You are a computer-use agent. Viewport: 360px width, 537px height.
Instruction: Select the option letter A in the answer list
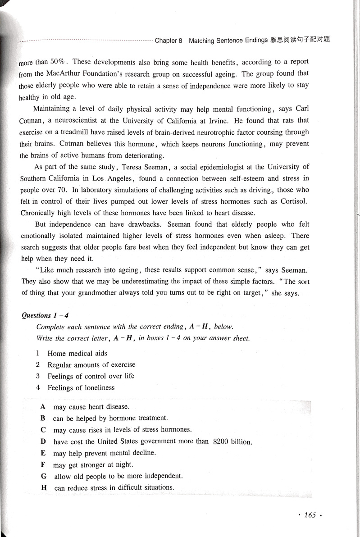point(43,407)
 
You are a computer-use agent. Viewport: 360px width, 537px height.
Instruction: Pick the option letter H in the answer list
point(44,487)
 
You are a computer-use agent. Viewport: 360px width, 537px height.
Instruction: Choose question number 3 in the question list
point(38,376)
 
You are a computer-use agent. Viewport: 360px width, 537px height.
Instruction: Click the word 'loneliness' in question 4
point(98,387)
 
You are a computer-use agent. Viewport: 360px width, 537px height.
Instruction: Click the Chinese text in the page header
point(300,40)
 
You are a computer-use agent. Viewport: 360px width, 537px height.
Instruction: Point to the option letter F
point(43,464)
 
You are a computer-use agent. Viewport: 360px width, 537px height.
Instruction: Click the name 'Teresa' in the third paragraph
point(135,167)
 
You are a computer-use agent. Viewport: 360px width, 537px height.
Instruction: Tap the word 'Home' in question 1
point(57,353)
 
